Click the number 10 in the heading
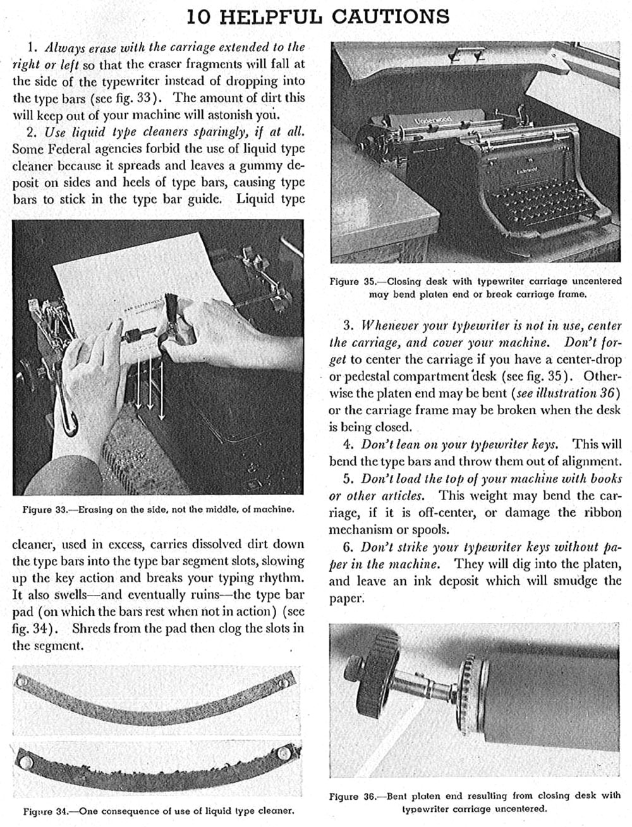click(x=200, y=16)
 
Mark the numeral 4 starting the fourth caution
click(x=347, y=444)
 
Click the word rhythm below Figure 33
click(x=277, y=578)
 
